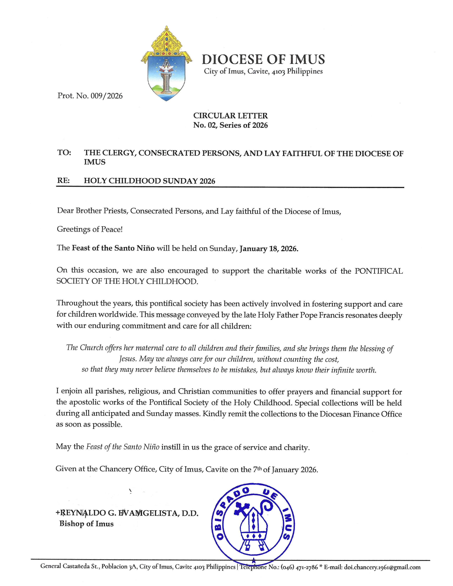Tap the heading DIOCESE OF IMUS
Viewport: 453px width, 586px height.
[x=263, y=59]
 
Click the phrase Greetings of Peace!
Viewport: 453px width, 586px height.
[x=90, y=229]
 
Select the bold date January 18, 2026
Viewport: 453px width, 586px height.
[x=269, y=249]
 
